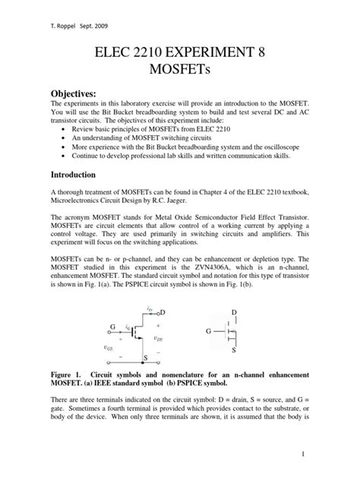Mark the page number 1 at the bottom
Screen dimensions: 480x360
324,454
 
